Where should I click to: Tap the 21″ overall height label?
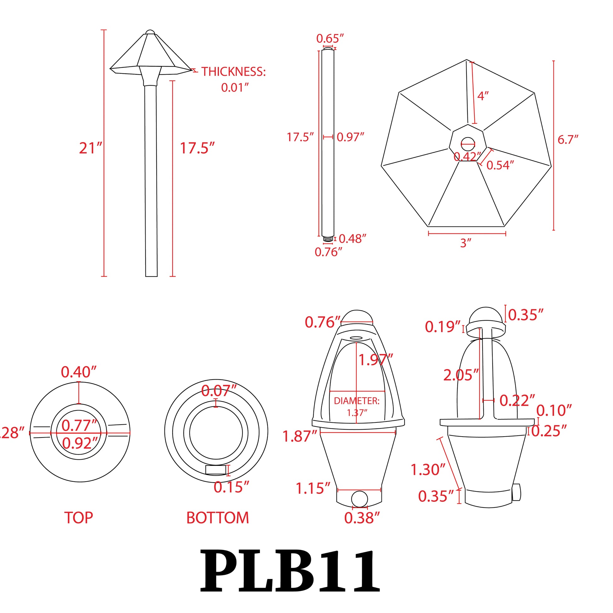click(x=90, y=148)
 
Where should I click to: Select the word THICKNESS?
click(x=233, y=72)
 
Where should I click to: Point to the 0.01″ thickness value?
click(x=234, y=88)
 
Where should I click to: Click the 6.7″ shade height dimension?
click(x=568, y=140)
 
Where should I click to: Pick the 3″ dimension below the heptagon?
click(x=466, y=243)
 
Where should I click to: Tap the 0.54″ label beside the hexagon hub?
click(x=500, y=165)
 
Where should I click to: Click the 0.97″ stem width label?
click(x=350, y=137)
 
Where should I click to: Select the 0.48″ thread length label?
click(x=352, y=239)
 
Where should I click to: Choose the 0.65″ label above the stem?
click(x=330, y=39)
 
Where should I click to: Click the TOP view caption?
click(x=78, y=518)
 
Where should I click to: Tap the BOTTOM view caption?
click(x=217, y=518)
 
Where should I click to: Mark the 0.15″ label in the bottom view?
click(x=231, y=487)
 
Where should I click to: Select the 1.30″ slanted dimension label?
click(x=428, y=470)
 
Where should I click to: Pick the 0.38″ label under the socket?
click(x=362, y=518)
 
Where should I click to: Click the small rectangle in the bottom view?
click(x=216, y=470)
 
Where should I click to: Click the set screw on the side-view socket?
click(x=516, y=492)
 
